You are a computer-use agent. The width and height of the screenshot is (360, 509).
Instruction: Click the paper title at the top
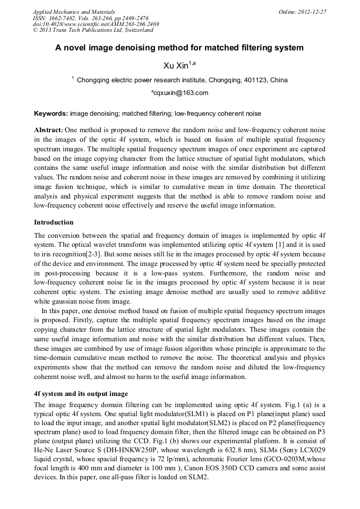179,48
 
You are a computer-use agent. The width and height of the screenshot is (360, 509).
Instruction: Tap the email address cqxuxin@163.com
181,93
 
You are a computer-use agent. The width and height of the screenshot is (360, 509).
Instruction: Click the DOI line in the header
96,24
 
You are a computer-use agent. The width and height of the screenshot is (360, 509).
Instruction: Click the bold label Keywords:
51,114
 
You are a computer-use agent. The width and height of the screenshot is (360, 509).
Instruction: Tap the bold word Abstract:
48,130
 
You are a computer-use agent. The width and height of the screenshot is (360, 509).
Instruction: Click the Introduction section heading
54,222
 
